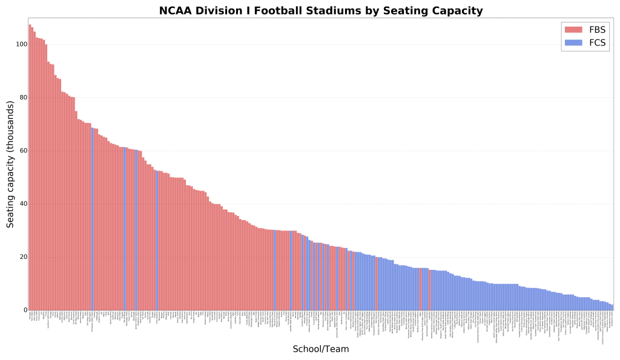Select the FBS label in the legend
point(597,30)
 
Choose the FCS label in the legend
point(597,43)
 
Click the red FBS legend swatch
point(573,30)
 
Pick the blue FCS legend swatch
point(573,43)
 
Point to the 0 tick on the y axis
point(24,310)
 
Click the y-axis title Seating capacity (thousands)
point(10,165)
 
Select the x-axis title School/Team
point(320,349)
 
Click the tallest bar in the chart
point(30,169)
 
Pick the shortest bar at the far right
point(612,307)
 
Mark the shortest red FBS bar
point(429,290)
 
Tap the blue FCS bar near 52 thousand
point(157,242)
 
